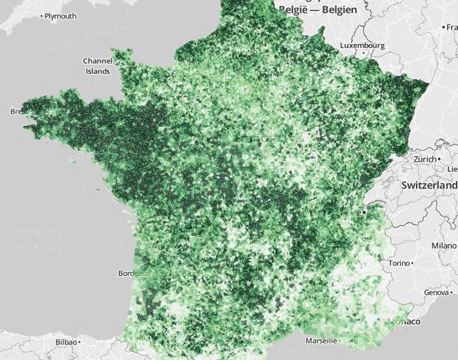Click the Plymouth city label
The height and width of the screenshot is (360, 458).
tap(61, 16)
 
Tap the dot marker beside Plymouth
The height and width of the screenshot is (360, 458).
tap(41, 16)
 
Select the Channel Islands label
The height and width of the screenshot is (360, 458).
tap(97, 65)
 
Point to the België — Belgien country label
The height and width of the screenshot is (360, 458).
tap(317, 10)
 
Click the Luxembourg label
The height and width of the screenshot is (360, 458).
tap(364, 45)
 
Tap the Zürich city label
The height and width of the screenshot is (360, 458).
tap(425, 158)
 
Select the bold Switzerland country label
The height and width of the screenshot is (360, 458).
tap(430, 186)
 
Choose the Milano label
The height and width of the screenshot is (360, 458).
tap(444, 245)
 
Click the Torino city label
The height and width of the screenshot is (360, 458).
tap(399, 263)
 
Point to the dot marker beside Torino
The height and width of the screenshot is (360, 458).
tap(412, 263)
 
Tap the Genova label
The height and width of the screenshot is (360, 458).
tap(435, 293)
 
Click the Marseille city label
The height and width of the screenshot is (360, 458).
tap(321, 340)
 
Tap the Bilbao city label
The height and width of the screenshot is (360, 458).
tap(65, 341)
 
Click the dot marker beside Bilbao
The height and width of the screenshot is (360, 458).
tap(80, 341)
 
